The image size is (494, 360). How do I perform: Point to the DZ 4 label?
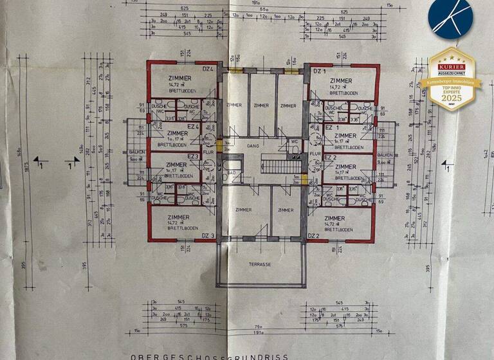tap(207, 69)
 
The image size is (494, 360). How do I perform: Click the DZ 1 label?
tap(316, 71)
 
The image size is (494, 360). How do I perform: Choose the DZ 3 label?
tap(208, 236)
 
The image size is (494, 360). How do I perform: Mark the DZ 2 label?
tap(314, 236)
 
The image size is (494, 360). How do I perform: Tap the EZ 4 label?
tap(192, 127)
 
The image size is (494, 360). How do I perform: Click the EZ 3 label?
tap(192, 156)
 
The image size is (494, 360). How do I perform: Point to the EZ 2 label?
tap(331, 157)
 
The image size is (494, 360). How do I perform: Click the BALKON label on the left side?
tap(136, 152)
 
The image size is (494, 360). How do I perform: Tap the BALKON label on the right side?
tap(385, 155)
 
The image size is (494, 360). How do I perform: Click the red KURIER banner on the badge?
tap(451, 66)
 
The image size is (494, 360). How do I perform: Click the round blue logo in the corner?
tap(451, 19)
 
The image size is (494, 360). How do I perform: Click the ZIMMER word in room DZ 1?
tap(342, 81)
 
